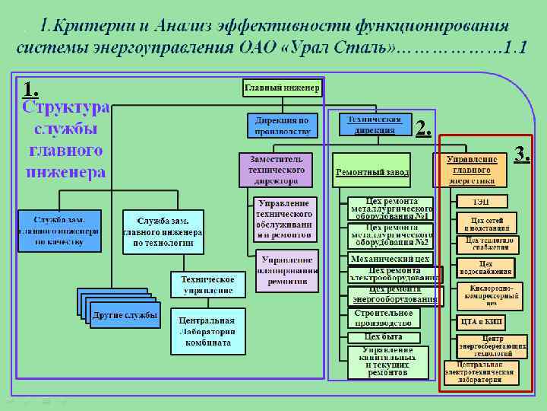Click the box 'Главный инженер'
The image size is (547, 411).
[282, 88]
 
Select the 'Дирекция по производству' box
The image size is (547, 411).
[281, 125]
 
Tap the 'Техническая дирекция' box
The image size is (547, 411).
[375, 125]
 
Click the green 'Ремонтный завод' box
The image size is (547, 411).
[372, 173]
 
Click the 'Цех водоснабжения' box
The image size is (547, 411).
[485, 268]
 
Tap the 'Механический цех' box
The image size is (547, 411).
[390, 259]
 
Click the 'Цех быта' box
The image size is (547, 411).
[384, 336]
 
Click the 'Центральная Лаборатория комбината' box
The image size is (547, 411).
[208, 331]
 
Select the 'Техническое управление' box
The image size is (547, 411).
[207, 285]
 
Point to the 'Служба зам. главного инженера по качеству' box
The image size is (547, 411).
[59, 230]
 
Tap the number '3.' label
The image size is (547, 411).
[522, 153]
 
